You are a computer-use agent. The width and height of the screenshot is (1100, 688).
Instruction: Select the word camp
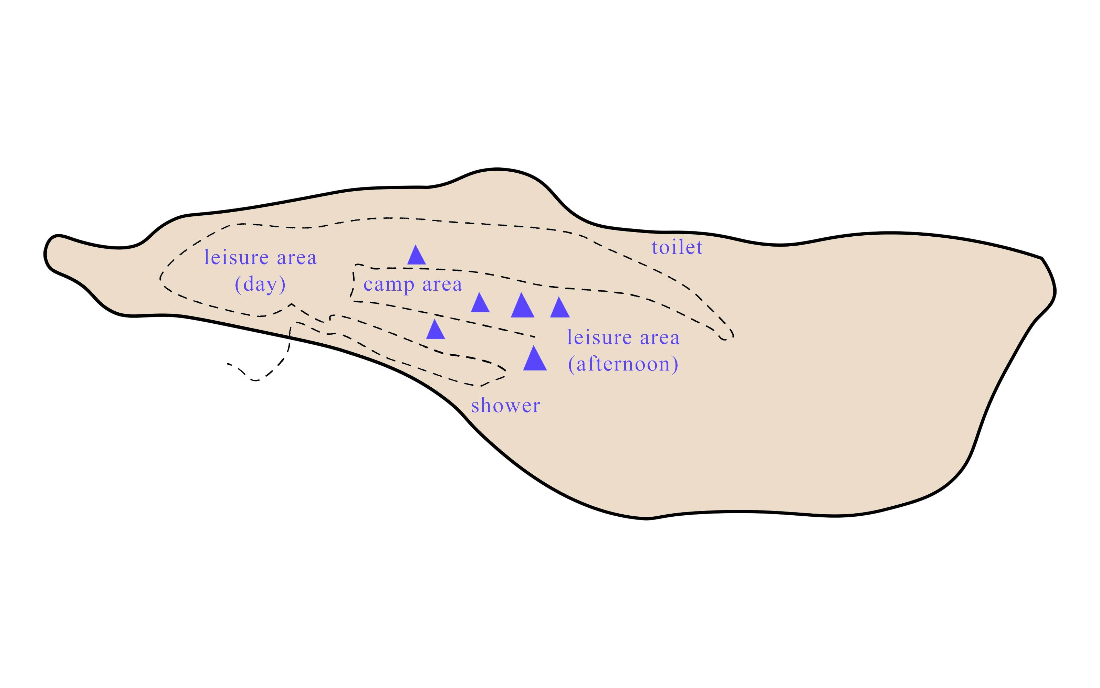coord(388,285)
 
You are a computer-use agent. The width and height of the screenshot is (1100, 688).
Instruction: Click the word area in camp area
coord(442,284)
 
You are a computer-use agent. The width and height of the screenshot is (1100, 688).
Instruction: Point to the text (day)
coord(260,284)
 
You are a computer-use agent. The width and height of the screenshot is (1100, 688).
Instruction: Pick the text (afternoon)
coord(623,364)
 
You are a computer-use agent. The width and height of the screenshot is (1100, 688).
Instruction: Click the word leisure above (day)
coord(236,258)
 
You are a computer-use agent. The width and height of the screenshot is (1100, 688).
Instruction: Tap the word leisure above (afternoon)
coord(599,337)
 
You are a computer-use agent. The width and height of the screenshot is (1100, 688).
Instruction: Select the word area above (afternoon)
coord(659,337)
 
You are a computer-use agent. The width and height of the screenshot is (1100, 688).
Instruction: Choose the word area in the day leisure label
coord(296,258)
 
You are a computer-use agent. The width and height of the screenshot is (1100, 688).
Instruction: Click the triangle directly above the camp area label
coord(416,256)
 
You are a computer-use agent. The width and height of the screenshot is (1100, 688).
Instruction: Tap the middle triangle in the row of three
coord(522,306)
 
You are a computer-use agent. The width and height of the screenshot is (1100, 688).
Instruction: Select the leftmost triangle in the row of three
coord(480,303)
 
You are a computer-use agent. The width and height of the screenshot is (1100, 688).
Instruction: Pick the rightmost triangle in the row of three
coord(559,308)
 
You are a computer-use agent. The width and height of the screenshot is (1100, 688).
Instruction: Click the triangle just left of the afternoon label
coord(535,359)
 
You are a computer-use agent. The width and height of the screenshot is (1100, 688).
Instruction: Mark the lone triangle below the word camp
coord(435,330)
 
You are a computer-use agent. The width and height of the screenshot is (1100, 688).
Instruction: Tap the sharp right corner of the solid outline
coord(1042,258)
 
